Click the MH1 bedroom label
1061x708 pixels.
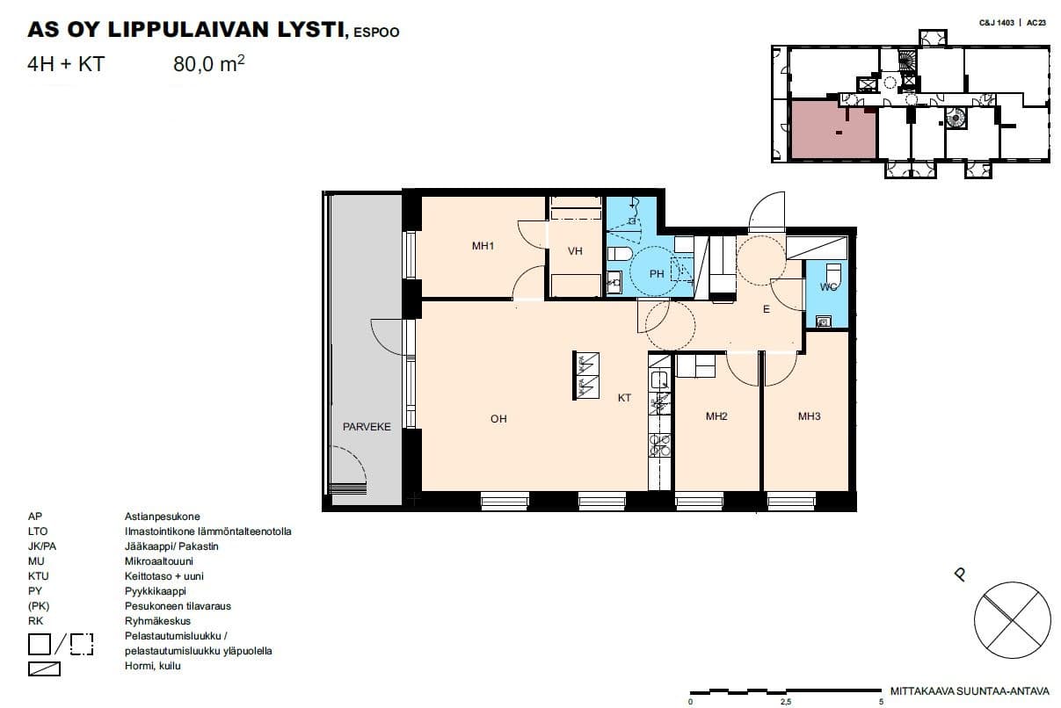[483, 246]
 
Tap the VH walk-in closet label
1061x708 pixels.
[575, 251]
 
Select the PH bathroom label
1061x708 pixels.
[657, 273]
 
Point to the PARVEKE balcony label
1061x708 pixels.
[367, 426]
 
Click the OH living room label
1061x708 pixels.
[498, 419]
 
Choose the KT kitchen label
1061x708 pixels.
[624, 398]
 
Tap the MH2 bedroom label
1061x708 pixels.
[716, 416]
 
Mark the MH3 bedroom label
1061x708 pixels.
[809, 416]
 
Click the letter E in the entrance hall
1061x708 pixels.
[767, 309]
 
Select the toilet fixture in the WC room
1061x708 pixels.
[833, 273]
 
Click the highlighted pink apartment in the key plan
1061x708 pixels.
[833, 129]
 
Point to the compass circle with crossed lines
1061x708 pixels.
[1012, 620]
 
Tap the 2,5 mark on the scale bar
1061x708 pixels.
[785, 702]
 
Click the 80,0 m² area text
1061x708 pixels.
[209, 64]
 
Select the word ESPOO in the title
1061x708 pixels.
[376, 33]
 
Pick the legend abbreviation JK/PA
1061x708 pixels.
[41, 546]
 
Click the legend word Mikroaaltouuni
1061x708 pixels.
[159, 561]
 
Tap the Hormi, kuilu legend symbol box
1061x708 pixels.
[44, 668]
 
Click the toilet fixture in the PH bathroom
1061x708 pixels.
[620, 254]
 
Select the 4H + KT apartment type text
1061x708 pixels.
[66, 64]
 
